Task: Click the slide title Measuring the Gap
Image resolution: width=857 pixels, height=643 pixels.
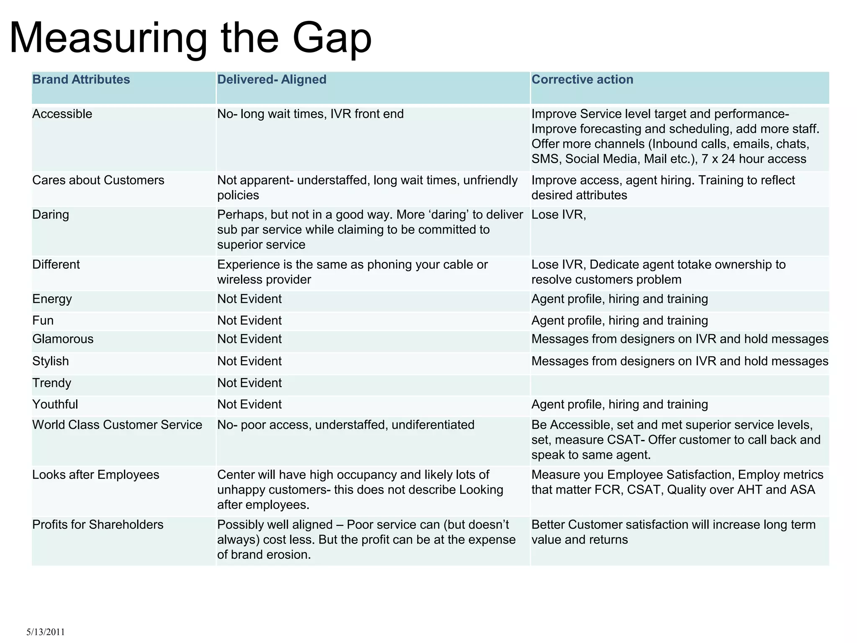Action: (190, 39)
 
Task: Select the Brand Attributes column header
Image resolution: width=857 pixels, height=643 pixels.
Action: (81, 80)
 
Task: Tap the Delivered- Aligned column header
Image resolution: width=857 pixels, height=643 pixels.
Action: (272, 80)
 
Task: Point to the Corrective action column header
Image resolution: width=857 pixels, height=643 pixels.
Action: (582, 80)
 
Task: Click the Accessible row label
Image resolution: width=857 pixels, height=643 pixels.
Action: (62, 114)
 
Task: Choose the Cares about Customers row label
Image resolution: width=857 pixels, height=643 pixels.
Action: (98, 180)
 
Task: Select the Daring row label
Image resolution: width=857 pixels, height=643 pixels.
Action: (51, 215)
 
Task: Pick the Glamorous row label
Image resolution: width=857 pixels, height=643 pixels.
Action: (63, 339)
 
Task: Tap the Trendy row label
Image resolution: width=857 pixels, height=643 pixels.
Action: (52, 383)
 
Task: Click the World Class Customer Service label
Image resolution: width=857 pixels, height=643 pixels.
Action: (117, 425)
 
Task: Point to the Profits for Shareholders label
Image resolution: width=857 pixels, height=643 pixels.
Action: (98, 525)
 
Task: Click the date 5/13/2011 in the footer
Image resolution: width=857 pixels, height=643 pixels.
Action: (46, 632)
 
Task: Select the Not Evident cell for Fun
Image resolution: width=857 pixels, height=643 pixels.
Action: (249, 321)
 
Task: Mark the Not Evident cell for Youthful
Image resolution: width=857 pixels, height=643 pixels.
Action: (249, 404)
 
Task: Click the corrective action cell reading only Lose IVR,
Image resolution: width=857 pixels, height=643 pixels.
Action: (559, 215)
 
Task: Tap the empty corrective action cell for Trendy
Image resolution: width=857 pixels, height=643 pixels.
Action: (680, 384)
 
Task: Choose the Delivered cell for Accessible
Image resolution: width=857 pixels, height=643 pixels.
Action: (310, 114)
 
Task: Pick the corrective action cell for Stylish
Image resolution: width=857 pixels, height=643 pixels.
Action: (680, 361)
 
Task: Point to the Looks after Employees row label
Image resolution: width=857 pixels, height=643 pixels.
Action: (96, 475)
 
